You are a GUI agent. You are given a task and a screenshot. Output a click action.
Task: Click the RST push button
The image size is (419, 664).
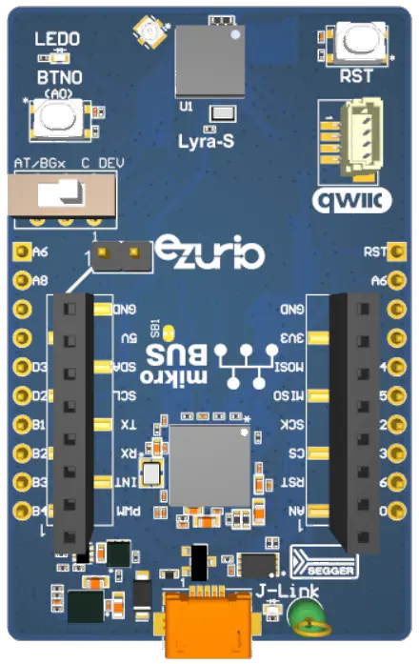point(356,43)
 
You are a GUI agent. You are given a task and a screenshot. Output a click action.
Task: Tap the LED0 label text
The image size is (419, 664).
point(58,40)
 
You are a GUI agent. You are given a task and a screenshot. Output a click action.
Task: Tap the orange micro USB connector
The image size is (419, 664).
point(208,624)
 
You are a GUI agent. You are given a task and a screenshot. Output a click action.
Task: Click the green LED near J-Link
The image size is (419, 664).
point(307,616)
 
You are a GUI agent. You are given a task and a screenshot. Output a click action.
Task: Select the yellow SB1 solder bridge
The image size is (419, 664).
point(169,332)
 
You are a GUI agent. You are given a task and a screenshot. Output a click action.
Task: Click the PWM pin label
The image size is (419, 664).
point(126,512)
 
